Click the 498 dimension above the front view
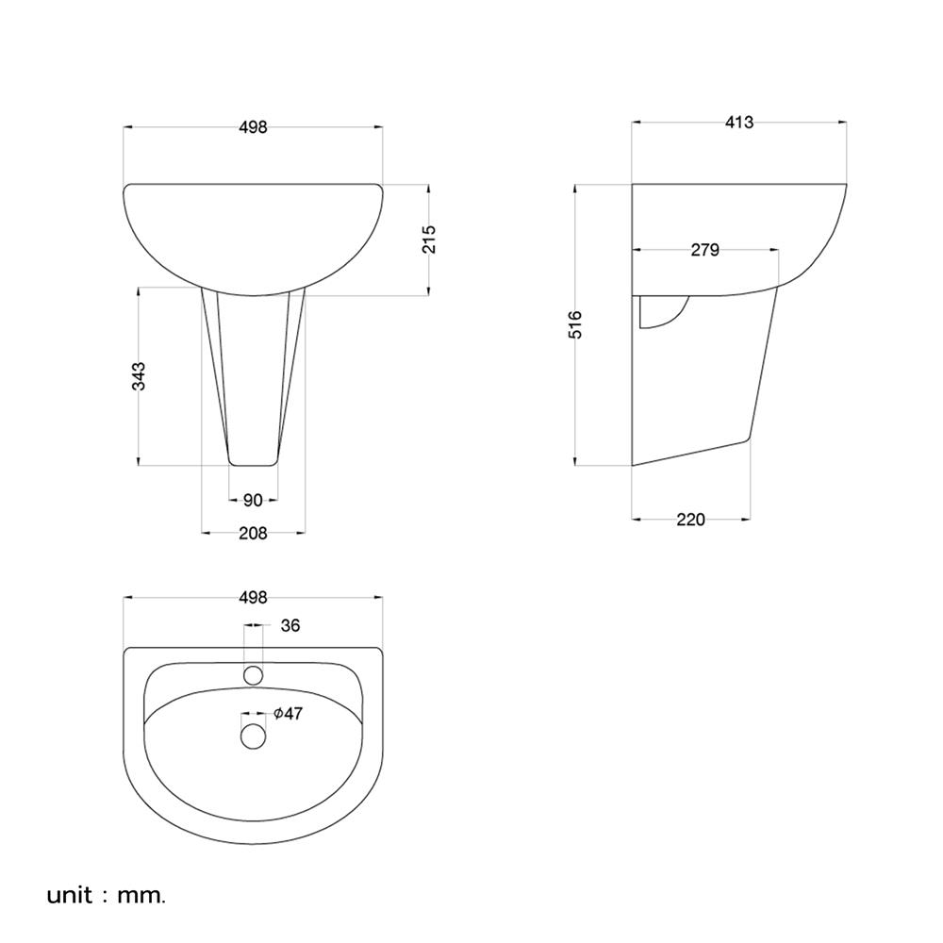(253, 127)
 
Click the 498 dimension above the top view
(253, 598)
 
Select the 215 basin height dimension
(428, 240)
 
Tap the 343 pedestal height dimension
(139, 376)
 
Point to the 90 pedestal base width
(253, 501)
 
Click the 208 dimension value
(253, 534)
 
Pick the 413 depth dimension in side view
(739, 123)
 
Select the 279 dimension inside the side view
(704, 250)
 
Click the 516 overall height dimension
(575, 324)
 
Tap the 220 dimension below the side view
(690, 520)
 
